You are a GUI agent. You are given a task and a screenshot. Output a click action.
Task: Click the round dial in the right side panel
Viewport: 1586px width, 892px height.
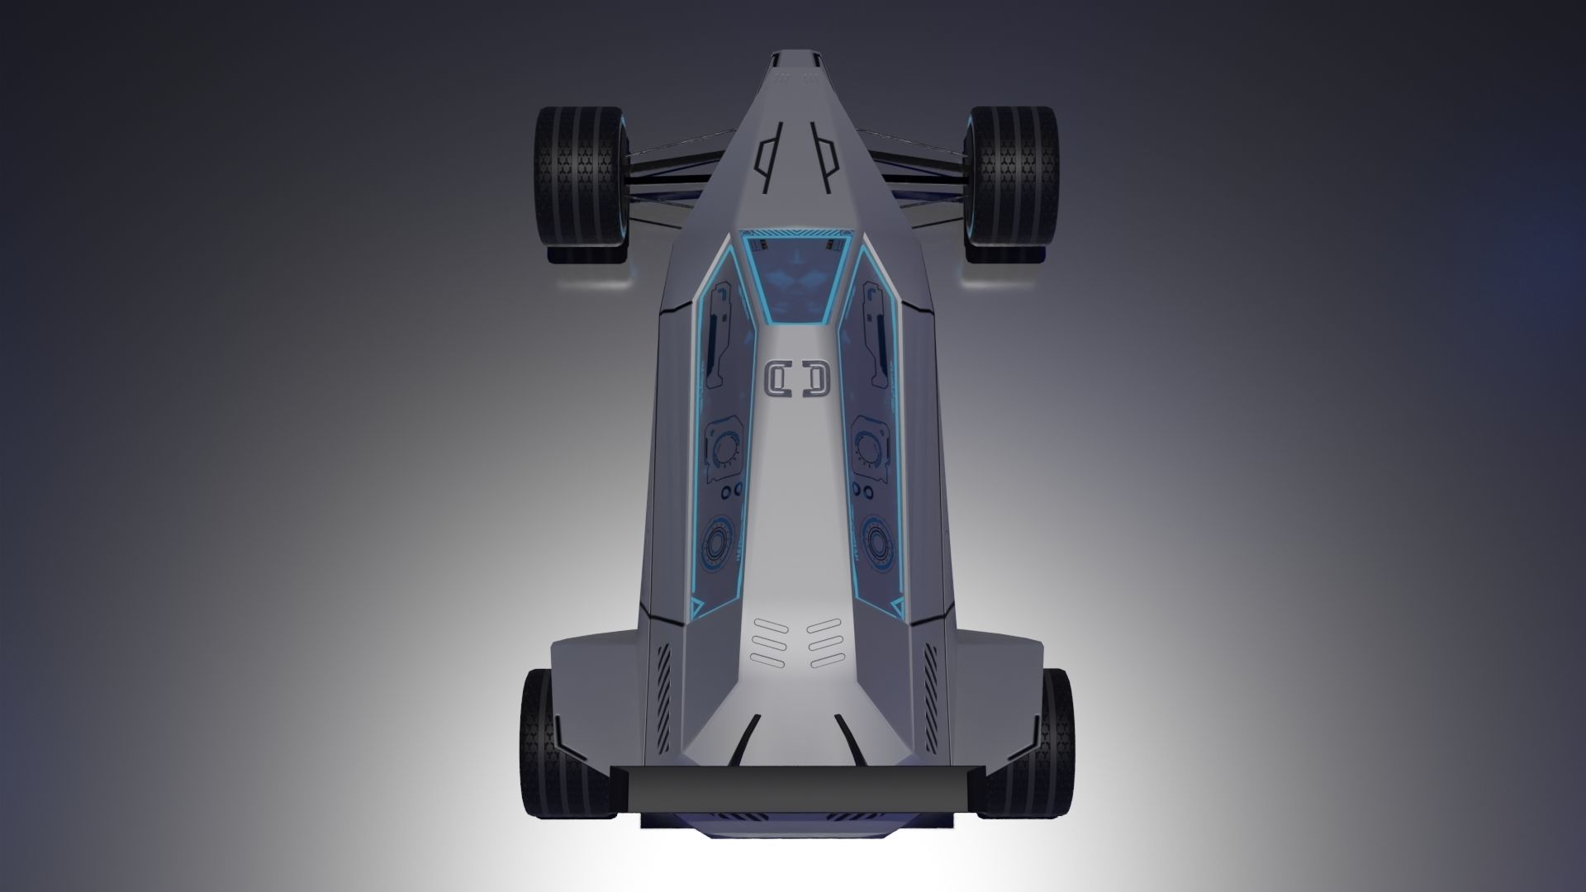(x=874, y=541)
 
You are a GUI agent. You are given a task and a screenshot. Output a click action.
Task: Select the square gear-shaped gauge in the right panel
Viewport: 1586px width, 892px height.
(x=868, y=450)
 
